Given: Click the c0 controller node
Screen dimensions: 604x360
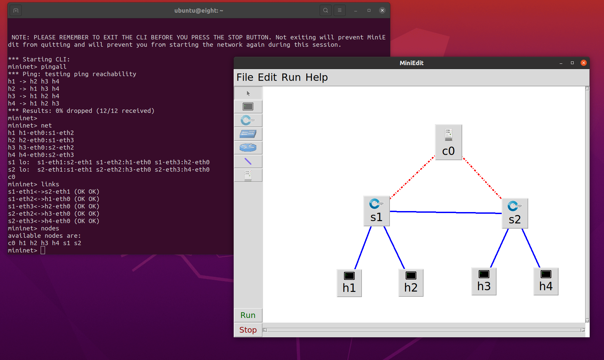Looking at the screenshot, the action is tap(448, 142).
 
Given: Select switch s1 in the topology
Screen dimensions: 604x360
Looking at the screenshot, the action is tap(376, 211).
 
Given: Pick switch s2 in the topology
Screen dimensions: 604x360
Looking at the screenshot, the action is tap(515, 213).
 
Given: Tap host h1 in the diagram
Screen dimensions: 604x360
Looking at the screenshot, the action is tap(349, 283).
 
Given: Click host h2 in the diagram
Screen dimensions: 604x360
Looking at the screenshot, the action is tap(411, 283).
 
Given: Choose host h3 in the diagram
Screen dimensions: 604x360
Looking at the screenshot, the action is tap(484, 281).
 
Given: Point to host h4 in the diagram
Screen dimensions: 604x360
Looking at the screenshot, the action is tap(546, 281).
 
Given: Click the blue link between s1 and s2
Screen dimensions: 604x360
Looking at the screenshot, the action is tap(446, 212).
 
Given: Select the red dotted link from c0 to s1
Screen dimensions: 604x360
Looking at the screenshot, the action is tap(412, 177).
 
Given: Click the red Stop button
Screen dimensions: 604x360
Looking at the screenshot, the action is tap(248, 330).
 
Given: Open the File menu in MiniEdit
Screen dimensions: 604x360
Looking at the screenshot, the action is tap(245, 77).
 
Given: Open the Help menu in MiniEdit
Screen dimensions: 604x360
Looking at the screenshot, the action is tap(316, 77).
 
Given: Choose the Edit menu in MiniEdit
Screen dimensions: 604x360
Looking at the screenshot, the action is tap(267, 77).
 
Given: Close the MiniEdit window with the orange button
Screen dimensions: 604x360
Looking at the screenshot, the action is tap(583, 63).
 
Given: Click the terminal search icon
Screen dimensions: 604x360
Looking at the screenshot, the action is tap(325, 10).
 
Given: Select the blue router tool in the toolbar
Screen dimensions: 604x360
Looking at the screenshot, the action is tap(248, 148).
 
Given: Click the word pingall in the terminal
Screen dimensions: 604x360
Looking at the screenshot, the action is tap(53, 66).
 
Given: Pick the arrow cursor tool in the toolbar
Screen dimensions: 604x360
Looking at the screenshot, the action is tap(248, 93).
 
